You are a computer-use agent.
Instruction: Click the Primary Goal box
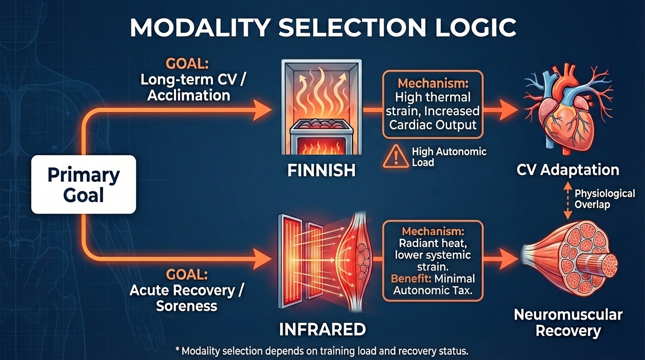[83, 185]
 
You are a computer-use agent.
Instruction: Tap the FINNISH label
[321, 171]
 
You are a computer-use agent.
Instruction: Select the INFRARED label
[322, 329]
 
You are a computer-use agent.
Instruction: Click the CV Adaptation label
[568, 170]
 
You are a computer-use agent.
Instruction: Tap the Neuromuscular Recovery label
[568, 322]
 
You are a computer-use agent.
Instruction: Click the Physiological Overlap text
[605, 199]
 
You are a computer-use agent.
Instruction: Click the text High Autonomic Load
[449, 157]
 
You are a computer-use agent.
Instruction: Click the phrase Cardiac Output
[432, 125]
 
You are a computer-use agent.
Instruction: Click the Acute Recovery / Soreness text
[187, 298]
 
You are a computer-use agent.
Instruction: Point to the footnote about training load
[321, 351]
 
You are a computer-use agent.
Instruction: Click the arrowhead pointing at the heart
[510, 111]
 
